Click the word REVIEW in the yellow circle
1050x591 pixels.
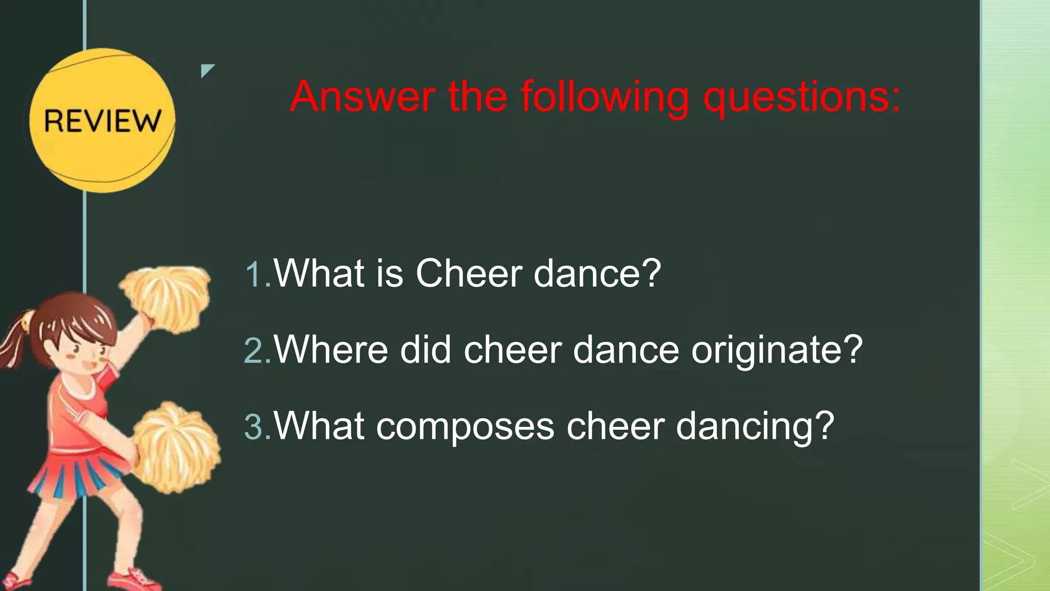[x=102, y=121]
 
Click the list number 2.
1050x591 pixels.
[x=256, y=351]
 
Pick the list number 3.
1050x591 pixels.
[x=256, y=427]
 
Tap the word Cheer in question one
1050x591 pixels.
[x=469, y=273]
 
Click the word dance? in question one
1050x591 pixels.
[x=597, y=273]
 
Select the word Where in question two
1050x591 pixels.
[x=331, y=350]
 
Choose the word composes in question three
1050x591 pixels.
[x=465, y=427]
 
